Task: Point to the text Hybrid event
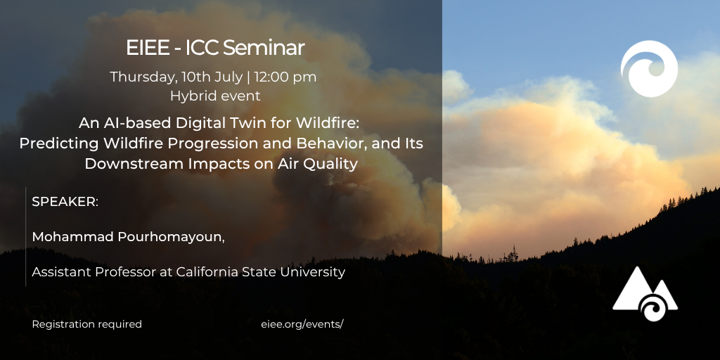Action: click(x=215, y=96)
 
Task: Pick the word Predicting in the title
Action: click(x=59, y=143)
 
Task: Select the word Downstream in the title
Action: click(x=121, y=164)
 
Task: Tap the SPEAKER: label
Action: click(x=65, y=202)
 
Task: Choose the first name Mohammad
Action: click(x=73, y=237)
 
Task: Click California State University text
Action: click(x=260, y=272)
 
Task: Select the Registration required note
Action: click(x=86, y=324)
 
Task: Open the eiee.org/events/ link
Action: click(x=302, y=324)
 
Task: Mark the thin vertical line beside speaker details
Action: click(x=26, y=236)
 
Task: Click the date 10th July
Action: click(x=212, y=77)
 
